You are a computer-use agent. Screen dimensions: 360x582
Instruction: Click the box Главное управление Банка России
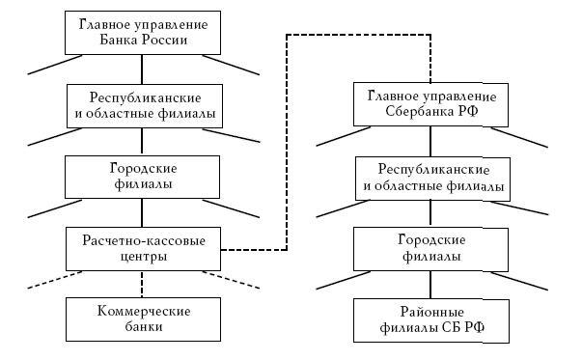click(x=143, y=32)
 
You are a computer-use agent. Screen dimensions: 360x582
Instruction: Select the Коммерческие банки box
click(x=143, y=318)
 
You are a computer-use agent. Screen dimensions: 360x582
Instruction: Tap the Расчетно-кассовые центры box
click(x=143, y=248)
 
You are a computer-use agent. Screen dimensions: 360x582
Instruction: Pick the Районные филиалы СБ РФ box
click(x=430, y=320)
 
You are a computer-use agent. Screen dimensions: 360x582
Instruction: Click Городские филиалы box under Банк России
click(x=143, y=176)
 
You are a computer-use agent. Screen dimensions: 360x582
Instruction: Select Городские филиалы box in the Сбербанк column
click(x=430, y=248)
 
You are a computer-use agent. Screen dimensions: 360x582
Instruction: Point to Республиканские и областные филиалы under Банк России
click(x=143, y=105)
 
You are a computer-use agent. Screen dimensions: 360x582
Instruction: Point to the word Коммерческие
click(x=144, y=310)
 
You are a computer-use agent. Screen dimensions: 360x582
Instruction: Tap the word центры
click(x=143, y=257)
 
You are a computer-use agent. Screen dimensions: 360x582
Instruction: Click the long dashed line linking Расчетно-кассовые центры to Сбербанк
click(x=287, y=145)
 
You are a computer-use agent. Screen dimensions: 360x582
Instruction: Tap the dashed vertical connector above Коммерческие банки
click(x=143, y=283)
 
